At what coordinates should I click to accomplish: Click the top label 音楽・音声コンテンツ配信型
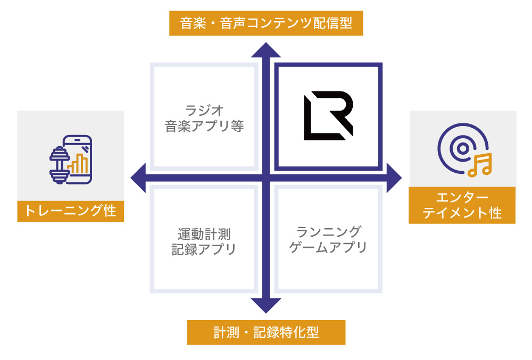coord(266,24)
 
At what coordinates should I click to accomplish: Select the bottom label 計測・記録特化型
coord(266,332)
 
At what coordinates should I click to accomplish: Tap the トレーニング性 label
coord(71,211)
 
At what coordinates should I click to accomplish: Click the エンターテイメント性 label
coord(462,205)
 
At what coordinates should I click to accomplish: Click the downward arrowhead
coord(266,305)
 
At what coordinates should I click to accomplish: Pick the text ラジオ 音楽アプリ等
coord(204,119)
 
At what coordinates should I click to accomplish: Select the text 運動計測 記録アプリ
coord(204,241)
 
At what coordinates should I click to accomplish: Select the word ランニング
coord(328,232)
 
